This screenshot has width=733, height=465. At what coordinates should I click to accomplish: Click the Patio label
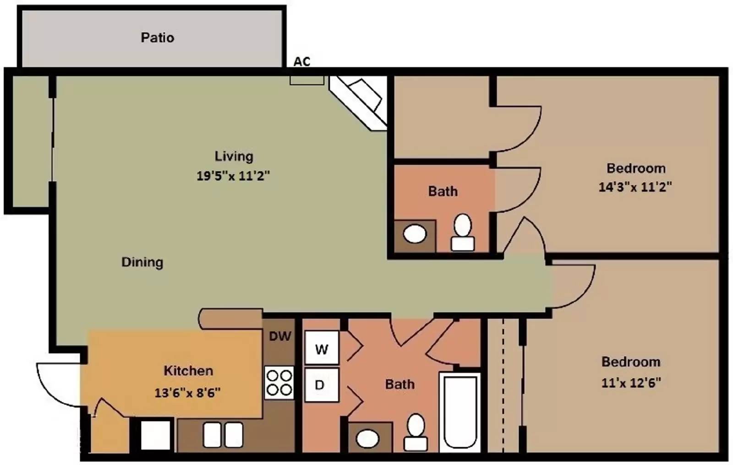(158, 38)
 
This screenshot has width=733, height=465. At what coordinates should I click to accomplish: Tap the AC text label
(302, 61)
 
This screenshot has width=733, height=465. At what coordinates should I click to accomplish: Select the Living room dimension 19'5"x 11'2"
(233, 176)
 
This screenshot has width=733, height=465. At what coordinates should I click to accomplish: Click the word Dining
(142, 262)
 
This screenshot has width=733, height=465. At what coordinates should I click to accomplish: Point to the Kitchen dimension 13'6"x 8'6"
(187, 392)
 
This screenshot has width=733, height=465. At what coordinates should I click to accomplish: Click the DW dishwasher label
(280, 336)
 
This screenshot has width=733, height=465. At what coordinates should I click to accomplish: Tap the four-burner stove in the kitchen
(279, 383)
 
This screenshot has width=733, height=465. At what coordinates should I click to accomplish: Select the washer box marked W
(322, 347)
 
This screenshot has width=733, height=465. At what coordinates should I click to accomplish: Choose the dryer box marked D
(322, 385)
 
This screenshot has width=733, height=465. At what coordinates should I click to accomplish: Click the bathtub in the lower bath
(460, 412)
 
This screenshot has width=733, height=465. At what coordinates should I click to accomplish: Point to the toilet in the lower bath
(416, 433)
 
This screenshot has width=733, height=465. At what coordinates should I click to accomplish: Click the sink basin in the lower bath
(367, 438)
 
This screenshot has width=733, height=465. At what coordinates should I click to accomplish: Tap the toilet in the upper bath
(463, 232)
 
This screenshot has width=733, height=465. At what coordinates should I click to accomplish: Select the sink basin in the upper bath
(415, 234)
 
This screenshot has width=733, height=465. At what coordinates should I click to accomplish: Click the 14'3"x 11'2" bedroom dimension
(635, 187)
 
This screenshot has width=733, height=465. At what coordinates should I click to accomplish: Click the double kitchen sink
(223, 435)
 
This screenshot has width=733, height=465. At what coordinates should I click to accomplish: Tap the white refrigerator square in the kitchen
(155, 435)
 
